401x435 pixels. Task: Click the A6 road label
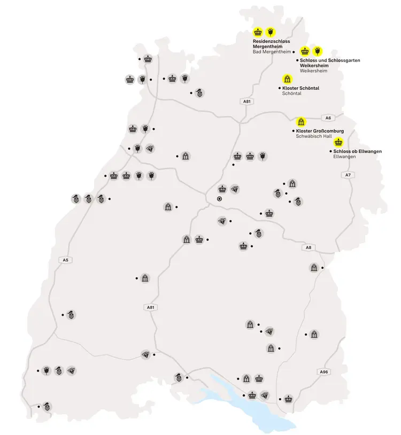[328, 118]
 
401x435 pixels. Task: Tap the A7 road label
[348, 175]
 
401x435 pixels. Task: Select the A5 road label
[65, 260]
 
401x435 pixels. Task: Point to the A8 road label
[308, 247]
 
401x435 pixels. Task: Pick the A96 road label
[323, 371]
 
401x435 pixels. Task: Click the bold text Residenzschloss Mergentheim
[272, 44]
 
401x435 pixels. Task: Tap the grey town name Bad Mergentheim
[272, 52]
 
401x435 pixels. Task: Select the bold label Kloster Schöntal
[300, 88]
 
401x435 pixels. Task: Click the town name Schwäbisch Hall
[314, 136]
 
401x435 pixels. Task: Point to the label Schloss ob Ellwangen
[357, 152]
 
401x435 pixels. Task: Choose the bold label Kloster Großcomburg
[320, 131]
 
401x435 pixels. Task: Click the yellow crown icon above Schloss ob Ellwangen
[338, 142]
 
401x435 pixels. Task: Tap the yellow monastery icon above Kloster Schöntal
[287, 79]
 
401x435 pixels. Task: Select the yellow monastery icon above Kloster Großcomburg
[301, 121]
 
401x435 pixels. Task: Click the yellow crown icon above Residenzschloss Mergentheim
[258, 32]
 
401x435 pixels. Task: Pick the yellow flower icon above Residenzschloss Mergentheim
[271, 32]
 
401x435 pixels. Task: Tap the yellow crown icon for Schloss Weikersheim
[305, 51]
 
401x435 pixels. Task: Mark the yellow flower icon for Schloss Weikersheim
[317, 51]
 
